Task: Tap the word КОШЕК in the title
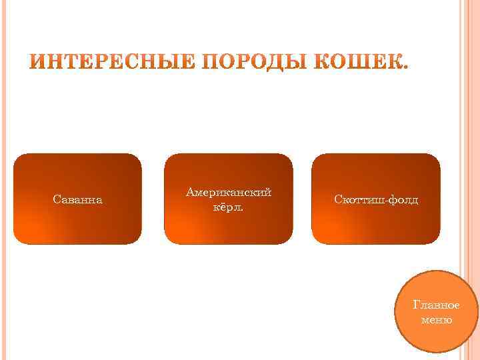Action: [360, 65]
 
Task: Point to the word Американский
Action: [229, 192]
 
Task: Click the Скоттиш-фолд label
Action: [377, 200]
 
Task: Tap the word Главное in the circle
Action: [437, 305]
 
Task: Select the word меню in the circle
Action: [437, 320]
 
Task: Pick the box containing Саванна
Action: [77, 227]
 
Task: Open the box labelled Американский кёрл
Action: [228, 230]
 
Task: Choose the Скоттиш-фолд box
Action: [377, 227]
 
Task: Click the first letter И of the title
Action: [39, 65]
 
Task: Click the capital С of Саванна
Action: [55, 200]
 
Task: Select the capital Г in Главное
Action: [417, 305]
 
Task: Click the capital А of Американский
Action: [191, 192]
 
